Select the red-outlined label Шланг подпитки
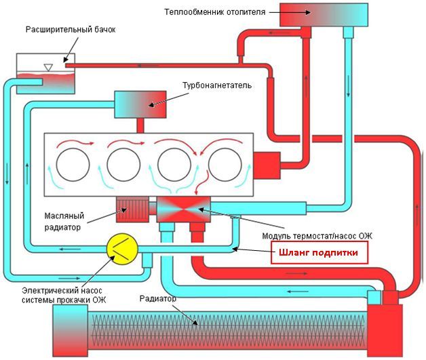pyautogui.click(x=320, y=254)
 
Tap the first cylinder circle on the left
pyautogui.click(x=72, y=165)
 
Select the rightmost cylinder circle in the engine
pyautogui.click(x=224, y=165)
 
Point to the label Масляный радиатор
pyautogui.click(x=66, y=217)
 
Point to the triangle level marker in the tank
pyautogui.click(x=47, y=66)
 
